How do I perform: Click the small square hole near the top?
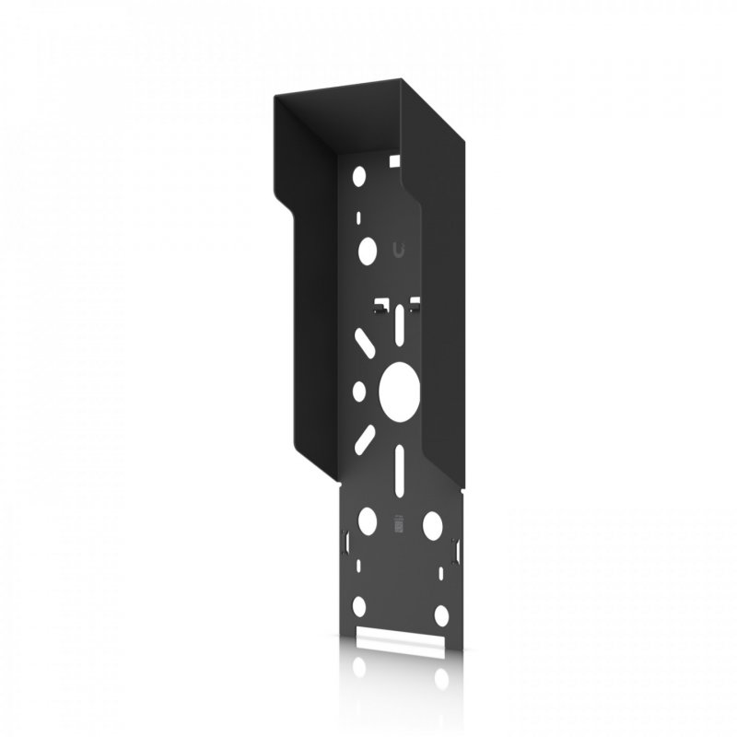coord(395,162)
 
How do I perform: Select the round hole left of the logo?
coord(366,249)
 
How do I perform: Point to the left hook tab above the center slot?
coord(379,305)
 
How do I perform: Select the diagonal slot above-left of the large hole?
coord(365,347)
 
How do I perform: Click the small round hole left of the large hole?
coord(358,392)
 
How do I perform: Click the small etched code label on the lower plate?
coord(398,522)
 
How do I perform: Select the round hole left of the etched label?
coord(366,519)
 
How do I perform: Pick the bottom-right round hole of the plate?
coord(441,614)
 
